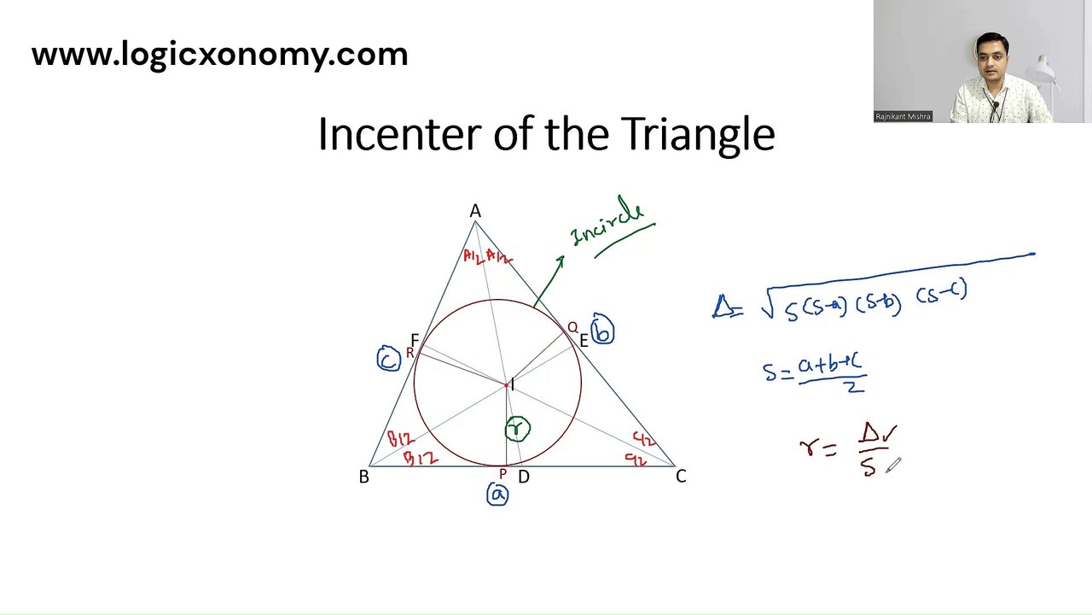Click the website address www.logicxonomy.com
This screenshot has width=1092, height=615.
click(x=219, y=55)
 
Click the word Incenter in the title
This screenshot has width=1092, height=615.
click(x=400, y=134)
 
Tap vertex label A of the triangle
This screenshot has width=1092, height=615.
click(x=475, y=211)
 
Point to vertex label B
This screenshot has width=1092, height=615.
click(x=363, y=477)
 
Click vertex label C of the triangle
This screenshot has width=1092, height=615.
click(x=681, y=476)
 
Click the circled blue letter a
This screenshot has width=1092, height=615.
click(x=497, y=495)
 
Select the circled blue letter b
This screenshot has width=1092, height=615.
click(x=602, y=332)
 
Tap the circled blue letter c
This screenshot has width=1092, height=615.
click(x=388, y=360)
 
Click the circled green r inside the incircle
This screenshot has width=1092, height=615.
click(x=517, y=429)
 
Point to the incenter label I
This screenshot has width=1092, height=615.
click(x=512, y=385)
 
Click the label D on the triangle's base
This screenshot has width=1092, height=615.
click(x=523, y=477)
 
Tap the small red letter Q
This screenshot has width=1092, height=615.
click(x=572, y=327)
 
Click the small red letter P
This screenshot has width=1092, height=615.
click(x=502, y=474)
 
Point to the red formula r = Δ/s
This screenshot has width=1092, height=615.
click(x=849, y=448)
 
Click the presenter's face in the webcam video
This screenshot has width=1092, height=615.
click(x=992, y=59)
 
